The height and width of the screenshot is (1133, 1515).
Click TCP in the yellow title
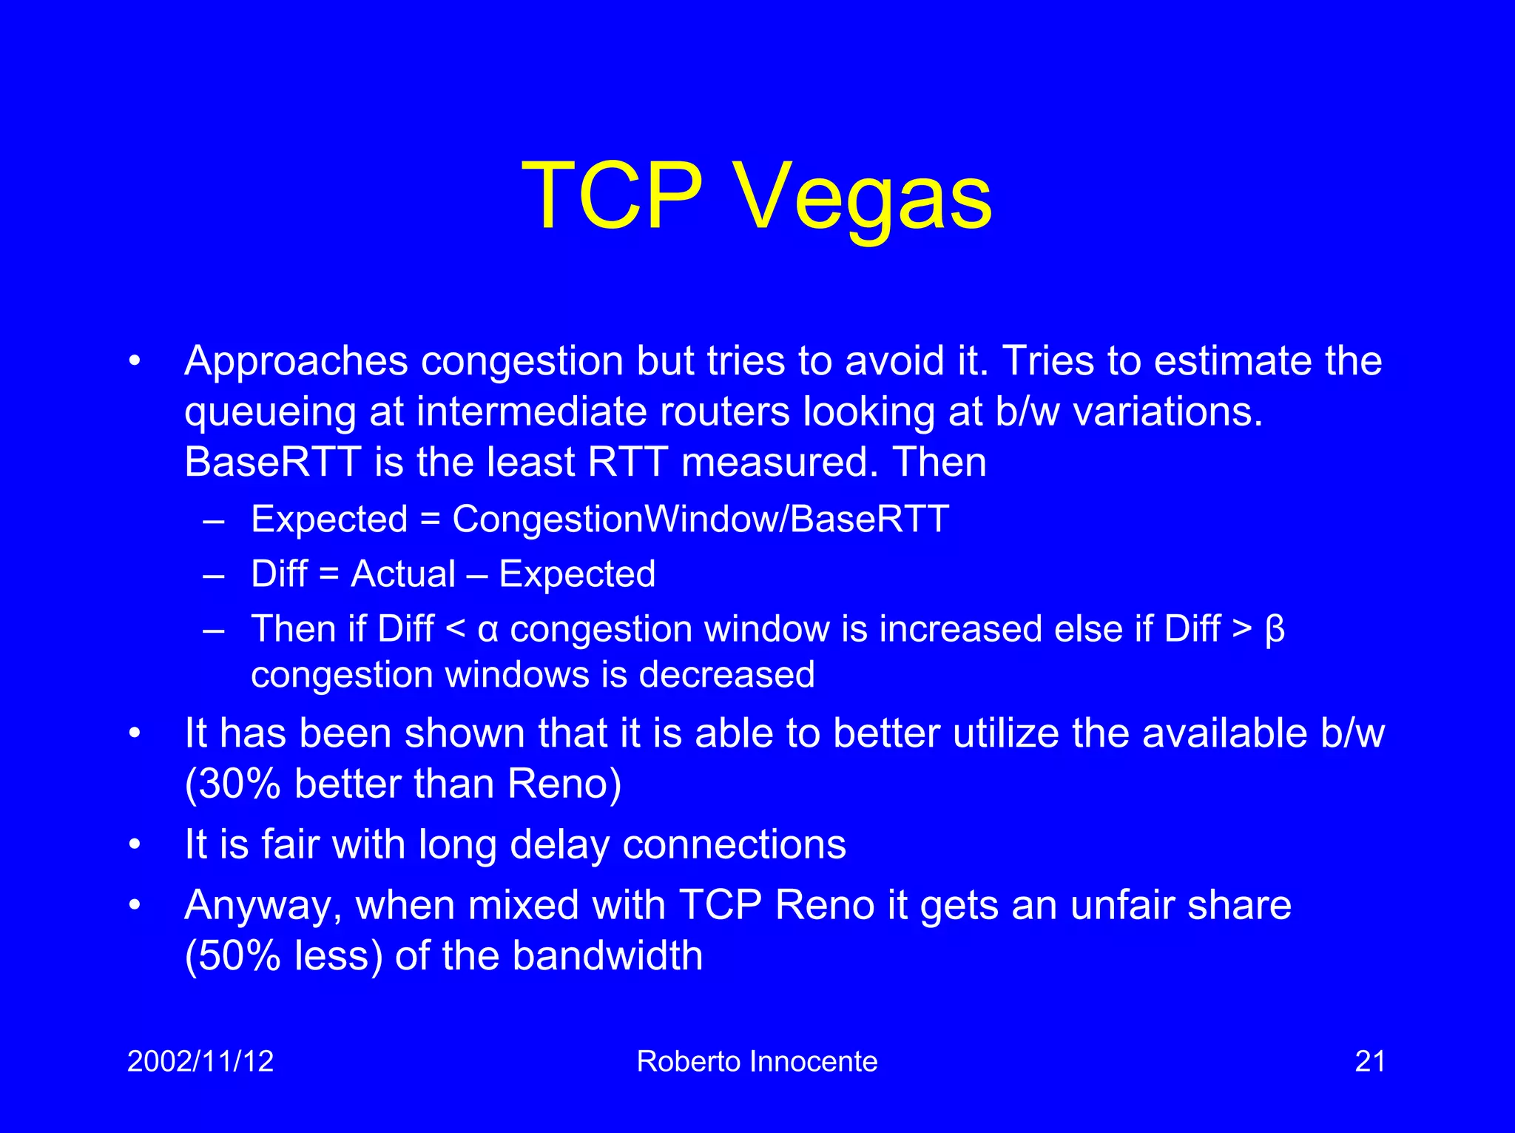tap(613, 197)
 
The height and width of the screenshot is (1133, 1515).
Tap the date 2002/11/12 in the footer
tap(200, 1061)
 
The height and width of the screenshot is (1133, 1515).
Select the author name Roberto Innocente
tap(757, 1061)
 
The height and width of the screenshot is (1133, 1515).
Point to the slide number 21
tap(1369, 1061)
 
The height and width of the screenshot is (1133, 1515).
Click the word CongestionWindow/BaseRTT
tap(700, 519)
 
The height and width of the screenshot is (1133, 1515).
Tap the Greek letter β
tap(1275, 630)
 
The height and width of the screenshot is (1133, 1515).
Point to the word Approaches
tap(296, 362)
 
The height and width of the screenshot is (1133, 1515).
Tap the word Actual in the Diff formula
tap(403, 574)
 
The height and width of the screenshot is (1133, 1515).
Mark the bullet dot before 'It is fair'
tap(134, 844)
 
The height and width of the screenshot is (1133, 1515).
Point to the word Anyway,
tap(263, 906)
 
